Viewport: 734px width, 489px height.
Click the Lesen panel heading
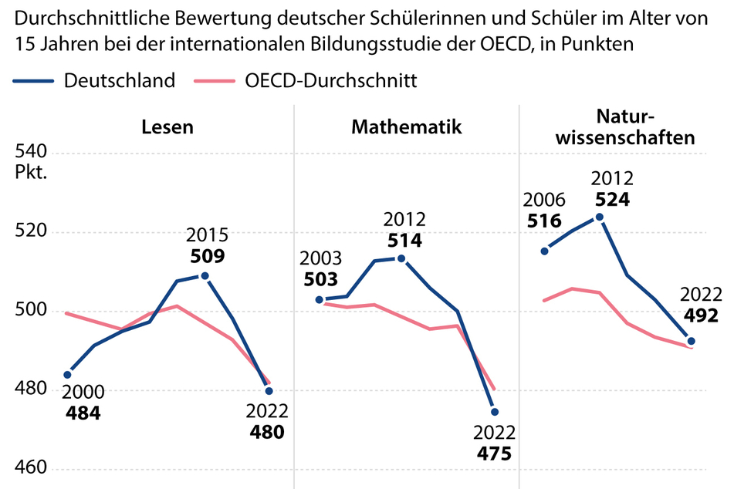[x=167, y=127]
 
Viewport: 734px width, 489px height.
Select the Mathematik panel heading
[x=407, y=127]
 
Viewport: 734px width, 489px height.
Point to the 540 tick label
[x=32, y=151]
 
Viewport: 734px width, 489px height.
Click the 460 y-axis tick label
[x=32, y=469]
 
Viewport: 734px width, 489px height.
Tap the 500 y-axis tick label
[x=32, y=310]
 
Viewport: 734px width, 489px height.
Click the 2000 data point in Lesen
[x=67, y=375]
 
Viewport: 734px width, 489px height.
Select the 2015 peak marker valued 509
[x=205, y=275]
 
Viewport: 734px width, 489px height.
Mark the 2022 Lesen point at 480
[x=269, y=391]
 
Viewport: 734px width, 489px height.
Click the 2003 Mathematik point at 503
[x=320, y=299]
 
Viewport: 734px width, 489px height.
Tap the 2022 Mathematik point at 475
[x=495, y=412]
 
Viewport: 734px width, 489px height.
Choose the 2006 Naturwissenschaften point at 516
[x=545, y=251]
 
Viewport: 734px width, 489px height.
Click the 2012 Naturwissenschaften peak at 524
[x=600, y=217]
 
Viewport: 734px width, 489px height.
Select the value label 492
[x=701, y=315]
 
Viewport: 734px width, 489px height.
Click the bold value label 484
[x=83, y=413]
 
